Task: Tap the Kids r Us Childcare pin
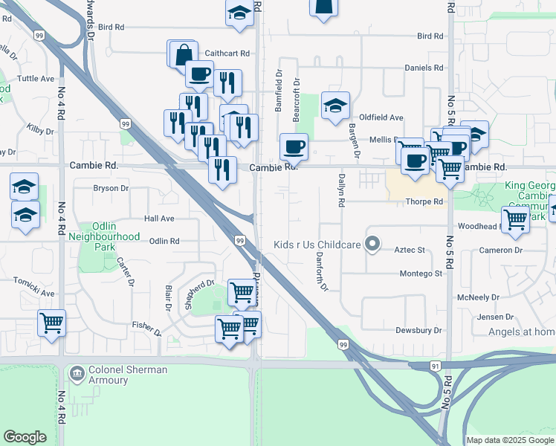[x=374, y=245]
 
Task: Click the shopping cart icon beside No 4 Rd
[x=51, y=323]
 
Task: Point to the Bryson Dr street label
[x=111, y=188]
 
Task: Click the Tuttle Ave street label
[x=36, y=78]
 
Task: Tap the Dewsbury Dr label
[x=418, y=330]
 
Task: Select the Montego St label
[x=421, y=274]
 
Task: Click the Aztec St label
[x=409, y=251]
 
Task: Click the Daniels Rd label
[x=424, y=68]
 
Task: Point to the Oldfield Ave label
[x=381, y=117]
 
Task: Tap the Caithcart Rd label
[x=227, y=54]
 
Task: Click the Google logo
[x=25, y=437]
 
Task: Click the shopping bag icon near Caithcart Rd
[x=183, y=54]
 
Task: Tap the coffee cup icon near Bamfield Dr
[x=294, y=146]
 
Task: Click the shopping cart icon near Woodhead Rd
[x=515, y=219]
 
